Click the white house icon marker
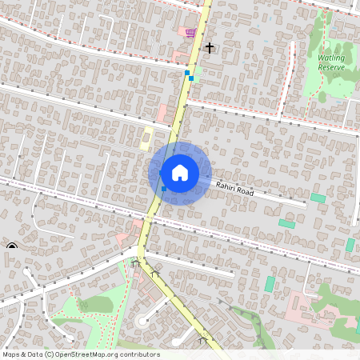[179, 173]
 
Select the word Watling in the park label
[331, 58]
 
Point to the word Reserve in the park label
[331, 68]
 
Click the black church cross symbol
[210, 49]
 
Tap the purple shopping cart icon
[190, 33]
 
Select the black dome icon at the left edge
[11, 246]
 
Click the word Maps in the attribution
[12, 354]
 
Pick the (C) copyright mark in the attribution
[50, 354]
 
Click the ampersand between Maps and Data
[25, 354]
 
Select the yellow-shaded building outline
[146, 137]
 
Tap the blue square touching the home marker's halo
[163, 189]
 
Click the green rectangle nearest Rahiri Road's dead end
[318, 198]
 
